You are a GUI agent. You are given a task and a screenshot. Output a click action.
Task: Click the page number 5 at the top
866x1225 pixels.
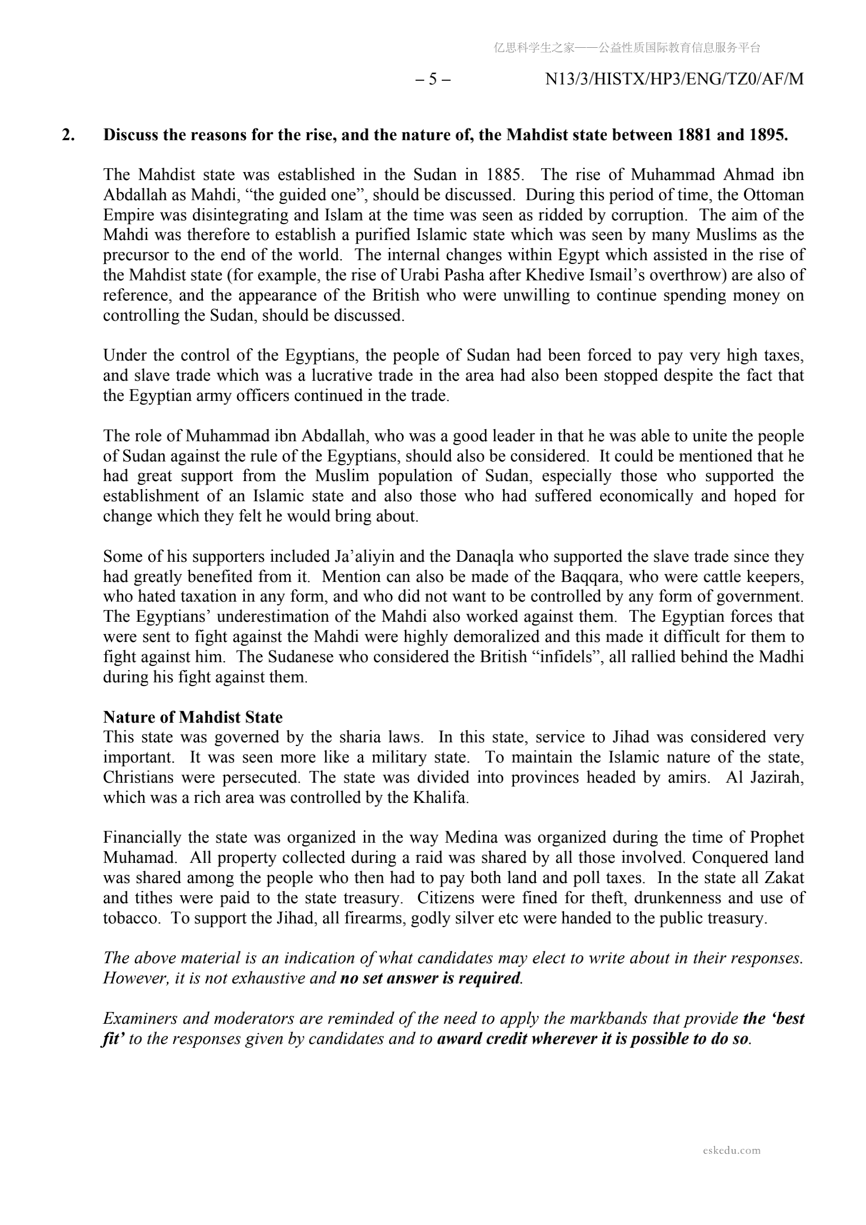[x=433, y=80]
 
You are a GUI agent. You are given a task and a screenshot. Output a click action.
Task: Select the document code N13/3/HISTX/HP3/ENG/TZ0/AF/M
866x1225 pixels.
[x=674, y=80]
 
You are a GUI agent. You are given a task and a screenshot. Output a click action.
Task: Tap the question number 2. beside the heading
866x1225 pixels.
[x=68, y=135]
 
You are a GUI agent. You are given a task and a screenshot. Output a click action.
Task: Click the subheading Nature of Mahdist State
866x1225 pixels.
[x=193, y=717]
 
